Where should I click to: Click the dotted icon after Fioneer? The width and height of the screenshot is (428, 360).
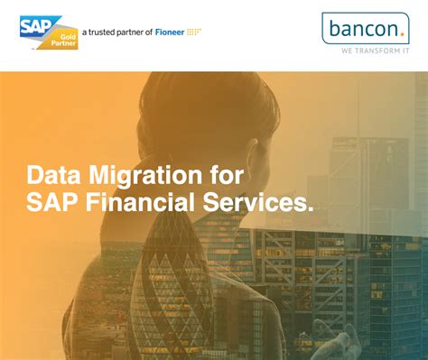tap(193, 32)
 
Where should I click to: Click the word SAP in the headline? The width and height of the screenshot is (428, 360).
tap(52, 203)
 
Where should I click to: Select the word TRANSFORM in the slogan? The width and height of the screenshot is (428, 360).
tap(370, 51)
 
